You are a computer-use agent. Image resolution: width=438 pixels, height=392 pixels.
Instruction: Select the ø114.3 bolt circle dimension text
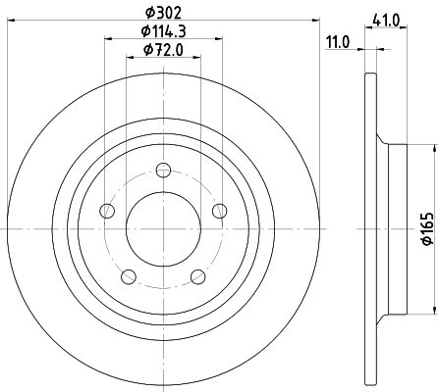(x=163, y=33)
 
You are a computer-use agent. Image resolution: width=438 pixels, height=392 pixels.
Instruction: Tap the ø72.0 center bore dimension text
(x=163, y=50)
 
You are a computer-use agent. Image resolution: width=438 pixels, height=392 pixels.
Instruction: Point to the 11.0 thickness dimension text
(x=338, y=40)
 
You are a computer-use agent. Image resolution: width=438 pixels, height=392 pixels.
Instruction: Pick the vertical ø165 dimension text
(x=426, y=228)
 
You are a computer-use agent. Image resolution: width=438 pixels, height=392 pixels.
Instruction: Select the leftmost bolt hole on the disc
(x=107, y=210)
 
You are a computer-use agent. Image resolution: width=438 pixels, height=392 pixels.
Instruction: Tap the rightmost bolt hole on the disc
(x=219, y=210)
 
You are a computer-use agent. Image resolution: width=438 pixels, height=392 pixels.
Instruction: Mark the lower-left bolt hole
(x=128, y=275)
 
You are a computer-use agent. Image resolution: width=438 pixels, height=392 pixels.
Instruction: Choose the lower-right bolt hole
(x=197, y=275)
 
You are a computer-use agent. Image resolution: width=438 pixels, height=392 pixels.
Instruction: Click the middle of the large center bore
(x=163, y=228)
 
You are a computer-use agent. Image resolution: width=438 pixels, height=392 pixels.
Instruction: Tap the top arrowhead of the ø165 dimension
(x=431, y=147)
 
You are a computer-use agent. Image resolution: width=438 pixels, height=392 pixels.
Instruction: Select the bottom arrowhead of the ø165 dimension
(x=431, y=310)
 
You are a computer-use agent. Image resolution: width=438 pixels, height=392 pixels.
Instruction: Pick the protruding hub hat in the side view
(x=396, y=228)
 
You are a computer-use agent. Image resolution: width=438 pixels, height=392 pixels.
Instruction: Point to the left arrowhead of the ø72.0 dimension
(x=130, y=57)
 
